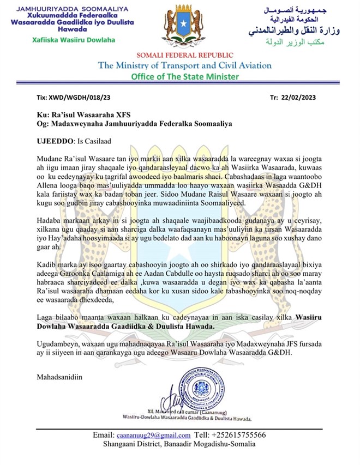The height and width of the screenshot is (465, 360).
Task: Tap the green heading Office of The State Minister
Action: click(184, 77)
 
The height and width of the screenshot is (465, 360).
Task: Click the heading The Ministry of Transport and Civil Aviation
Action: click(184, 66)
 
